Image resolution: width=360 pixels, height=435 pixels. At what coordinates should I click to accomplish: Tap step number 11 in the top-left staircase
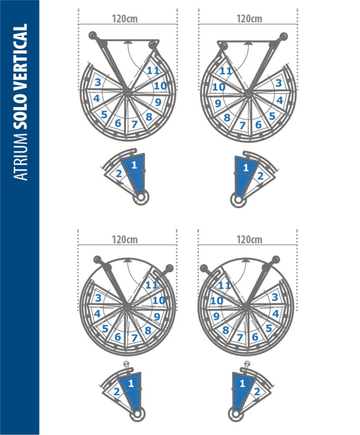(152, 71)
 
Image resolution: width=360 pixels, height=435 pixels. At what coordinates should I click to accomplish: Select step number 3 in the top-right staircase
(279, 83)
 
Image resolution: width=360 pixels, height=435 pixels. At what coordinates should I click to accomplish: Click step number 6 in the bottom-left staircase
(118, 337)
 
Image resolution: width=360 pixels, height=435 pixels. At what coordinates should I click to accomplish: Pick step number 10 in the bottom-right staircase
(217, 301)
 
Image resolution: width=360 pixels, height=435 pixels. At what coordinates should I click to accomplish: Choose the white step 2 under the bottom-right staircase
(257, 391)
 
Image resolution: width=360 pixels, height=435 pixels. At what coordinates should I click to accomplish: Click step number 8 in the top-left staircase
(149, 117)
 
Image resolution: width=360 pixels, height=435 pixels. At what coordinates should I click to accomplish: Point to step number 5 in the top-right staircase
(272, 116)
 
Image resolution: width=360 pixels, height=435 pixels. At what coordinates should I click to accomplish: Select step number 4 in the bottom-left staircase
(97, 313)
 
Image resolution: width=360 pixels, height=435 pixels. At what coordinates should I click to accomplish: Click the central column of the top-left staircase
(127, 92)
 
